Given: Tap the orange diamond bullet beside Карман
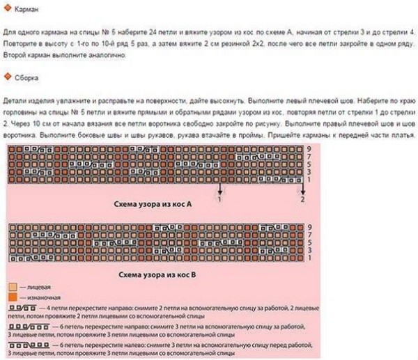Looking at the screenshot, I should tap(8, 12).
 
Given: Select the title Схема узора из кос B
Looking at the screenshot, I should tap(157, 276).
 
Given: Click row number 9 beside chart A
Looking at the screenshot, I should tap(309, 150).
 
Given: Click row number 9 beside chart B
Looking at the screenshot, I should tap(309, 227).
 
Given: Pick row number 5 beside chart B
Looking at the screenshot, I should tap(309, 243).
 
